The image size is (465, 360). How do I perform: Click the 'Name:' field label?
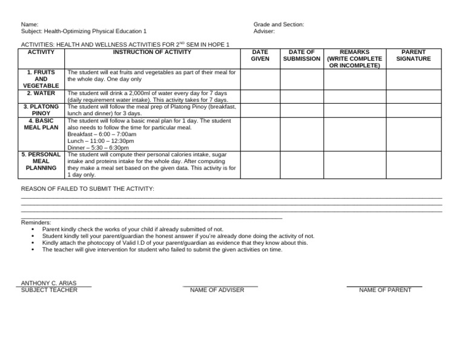[30, 24]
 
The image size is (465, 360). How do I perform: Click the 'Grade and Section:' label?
[279, 24]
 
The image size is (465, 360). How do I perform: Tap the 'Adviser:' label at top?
[264, 31]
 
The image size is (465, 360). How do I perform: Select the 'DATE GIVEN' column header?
[260, 55]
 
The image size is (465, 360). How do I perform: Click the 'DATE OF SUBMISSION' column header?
[302, 55]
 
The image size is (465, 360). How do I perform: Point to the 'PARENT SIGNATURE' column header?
[414, 55]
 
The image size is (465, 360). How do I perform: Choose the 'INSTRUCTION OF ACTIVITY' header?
[152, 52]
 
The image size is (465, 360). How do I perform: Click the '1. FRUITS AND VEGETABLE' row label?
[41, 79]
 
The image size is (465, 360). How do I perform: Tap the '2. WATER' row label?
[41, 93]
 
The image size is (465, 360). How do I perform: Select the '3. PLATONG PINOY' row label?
[41, 110]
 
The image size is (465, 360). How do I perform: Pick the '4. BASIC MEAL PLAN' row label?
[41, 124]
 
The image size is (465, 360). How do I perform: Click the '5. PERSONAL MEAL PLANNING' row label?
[41, 161]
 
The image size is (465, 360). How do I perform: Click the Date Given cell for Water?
[260, 96]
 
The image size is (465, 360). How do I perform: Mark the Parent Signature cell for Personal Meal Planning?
[414, 164]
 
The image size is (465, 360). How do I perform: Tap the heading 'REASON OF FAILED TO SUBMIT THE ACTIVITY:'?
[88, 189]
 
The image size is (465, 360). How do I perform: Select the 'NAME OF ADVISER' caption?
[217, 290]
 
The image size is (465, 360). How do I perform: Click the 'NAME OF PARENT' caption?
[385, 290]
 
